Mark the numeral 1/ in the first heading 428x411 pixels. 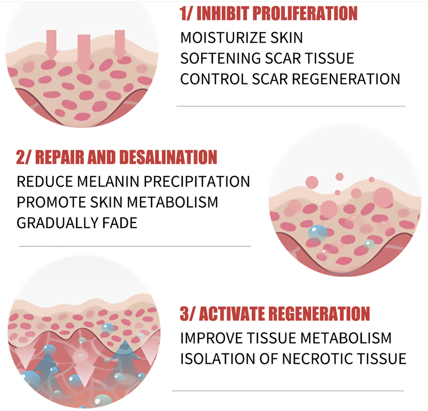pyautogui.click(x=186, y=13)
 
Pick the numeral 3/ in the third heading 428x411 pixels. pyautogui.click(x=186, y=313)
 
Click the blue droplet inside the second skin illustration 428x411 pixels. pyautogui.click(x=318, y=233)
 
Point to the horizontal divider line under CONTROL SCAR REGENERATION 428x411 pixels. pyautogui.click(x=291, y=106)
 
